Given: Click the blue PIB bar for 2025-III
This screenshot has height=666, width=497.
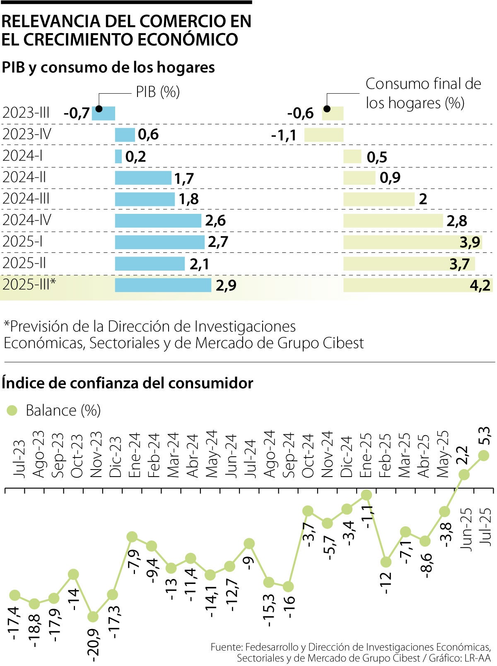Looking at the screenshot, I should pos(163,285).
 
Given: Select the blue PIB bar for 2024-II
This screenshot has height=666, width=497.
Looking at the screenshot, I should pos(143,178).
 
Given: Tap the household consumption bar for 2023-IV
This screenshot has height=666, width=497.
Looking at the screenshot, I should pos(324,135).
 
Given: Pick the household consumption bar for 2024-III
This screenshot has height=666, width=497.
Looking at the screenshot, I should pos(379,199).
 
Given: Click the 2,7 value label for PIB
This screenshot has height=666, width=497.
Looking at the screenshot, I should pos(218,242).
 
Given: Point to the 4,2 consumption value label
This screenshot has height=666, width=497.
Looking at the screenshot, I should pos(480,285).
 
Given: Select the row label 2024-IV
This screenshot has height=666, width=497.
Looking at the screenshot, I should pos(27,220).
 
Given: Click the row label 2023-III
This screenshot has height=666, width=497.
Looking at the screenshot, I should pos(26,113).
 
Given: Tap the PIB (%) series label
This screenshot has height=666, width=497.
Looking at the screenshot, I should pos(158,92).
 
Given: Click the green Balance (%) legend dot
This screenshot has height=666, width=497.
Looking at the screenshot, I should pos(12,410).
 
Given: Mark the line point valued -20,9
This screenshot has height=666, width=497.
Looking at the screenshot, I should pos(93,617).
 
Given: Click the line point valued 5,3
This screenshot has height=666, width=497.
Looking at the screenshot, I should pos(483,455).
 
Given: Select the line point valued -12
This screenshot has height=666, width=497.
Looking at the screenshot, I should pos(386,562).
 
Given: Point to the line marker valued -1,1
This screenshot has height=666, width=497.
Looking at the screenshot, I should pos(366,495).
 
